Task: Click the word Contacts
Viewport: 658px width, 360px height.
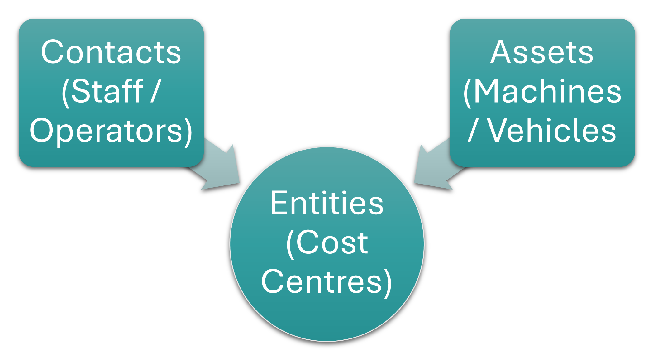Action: pyautogui.click(x=111, y=52)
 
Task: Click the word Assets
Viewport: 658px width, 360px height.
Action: pyautogui.click(x=542, y=52)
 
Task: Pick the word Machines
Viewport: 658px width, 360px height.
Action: pyautogui.click(x=547, y=91)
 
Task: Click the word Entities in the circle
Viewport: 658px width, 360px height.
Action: pyautogui.click(x=327, y=203)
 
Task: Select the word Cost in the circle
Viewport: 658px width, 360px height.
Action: pyautogui.click(x=332, y=242)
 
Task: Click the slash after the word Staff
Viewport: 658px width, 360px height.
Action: pyautogui.click(x=155, y=91)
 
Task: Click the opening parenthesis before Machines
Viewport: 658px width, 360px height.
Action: pyautogui.click(x=467, y=92)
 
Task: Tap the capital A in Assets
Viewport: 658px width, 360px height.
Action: pyautogui.click(x=500, y=52)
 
